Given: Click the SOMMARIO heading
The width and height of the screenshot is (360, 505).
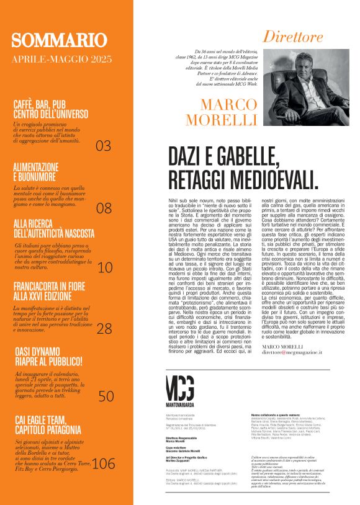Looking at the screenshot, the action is click(x=59, y=41).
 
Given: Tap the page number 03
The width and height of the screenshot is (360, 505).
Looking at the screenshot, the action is click(x=103, y=146).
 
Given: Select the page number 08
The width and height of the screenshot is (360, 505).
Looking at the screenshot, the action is click(x=104, y=208).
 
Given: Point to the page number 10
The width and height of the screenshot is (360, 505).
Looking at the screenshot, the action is click(x=105, y=267).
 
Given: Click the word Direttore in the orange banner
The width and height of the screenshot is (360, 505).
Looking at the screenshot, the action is click(x=293, y=37).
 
